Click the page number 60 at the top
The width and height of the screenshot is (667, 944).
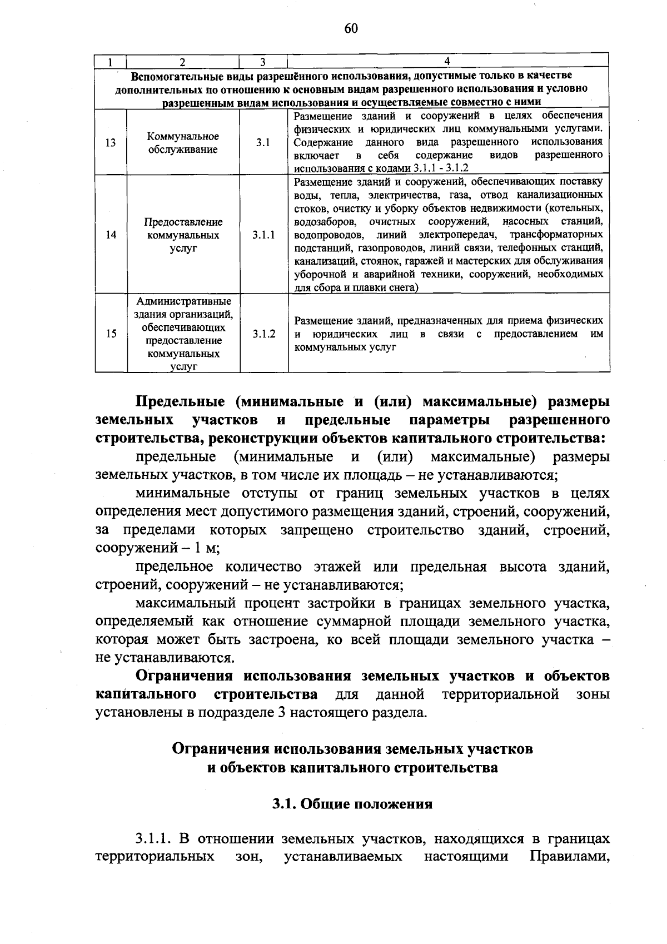[x=351, y=28]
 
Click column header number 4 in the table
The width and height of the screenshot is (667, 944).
[x=447, y=61]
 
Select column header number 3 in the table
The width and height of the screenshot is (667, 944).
[x=263, y=62]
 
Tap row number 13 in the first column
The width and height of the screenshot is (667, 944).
[x=111, y=143]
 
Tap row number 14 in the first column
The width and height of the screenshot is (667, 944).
[x=111, y=235]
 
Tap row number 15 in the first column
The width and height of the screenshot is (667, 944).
[x=111, y=334]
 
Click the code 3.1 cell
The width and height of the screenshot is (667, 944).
[x=263, y=143]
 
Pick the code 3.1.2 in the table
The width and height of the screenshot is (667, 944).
[x=263, y=334]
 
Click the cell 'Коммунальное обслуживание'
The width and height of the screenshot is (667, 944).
[x=183, y=143]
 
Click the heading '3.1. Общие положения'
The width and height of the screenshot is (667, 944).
[x=352, y=804]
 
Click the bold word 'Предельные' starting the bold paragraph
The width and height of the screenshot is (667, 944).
[x=181, y=401]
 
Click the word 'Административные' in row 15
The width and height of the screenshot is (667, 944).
[x=183, y=301]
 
